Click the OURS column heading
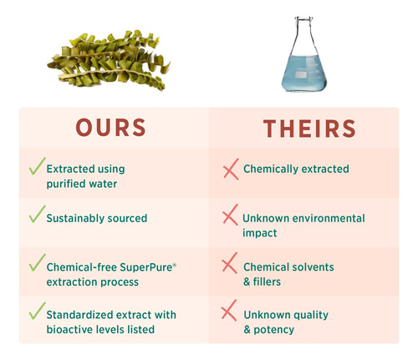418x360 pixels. [110, 128]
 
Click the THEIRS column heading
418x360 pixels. [309, 129]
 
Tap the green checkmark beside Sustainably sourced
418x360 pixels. [38, 214]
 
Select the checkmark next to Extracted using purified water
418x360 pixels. [38, 166]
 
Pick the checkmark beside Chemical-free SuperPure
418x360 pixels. [38, 262]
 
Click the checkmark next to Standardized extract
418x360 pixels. [38, 311]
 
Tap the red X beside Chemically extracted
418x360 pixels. [231, 169]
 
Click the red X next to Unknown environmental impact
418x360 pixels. [230, 215]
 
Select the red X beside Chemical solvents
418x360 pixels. [230, 263]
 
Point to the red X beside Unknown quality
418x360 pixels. [229, 311]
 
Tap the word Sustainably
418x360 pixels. [75, 218]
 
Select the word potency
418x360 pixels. [273, 330]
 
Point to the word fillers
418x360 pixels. [267, 281]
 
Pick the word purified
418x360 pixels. [64, 184]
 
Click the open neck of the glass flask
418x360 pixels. [303, 19]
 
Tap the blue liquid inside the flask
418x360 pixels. [303, 73]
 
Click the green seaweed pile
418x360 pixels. [109, 60]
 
